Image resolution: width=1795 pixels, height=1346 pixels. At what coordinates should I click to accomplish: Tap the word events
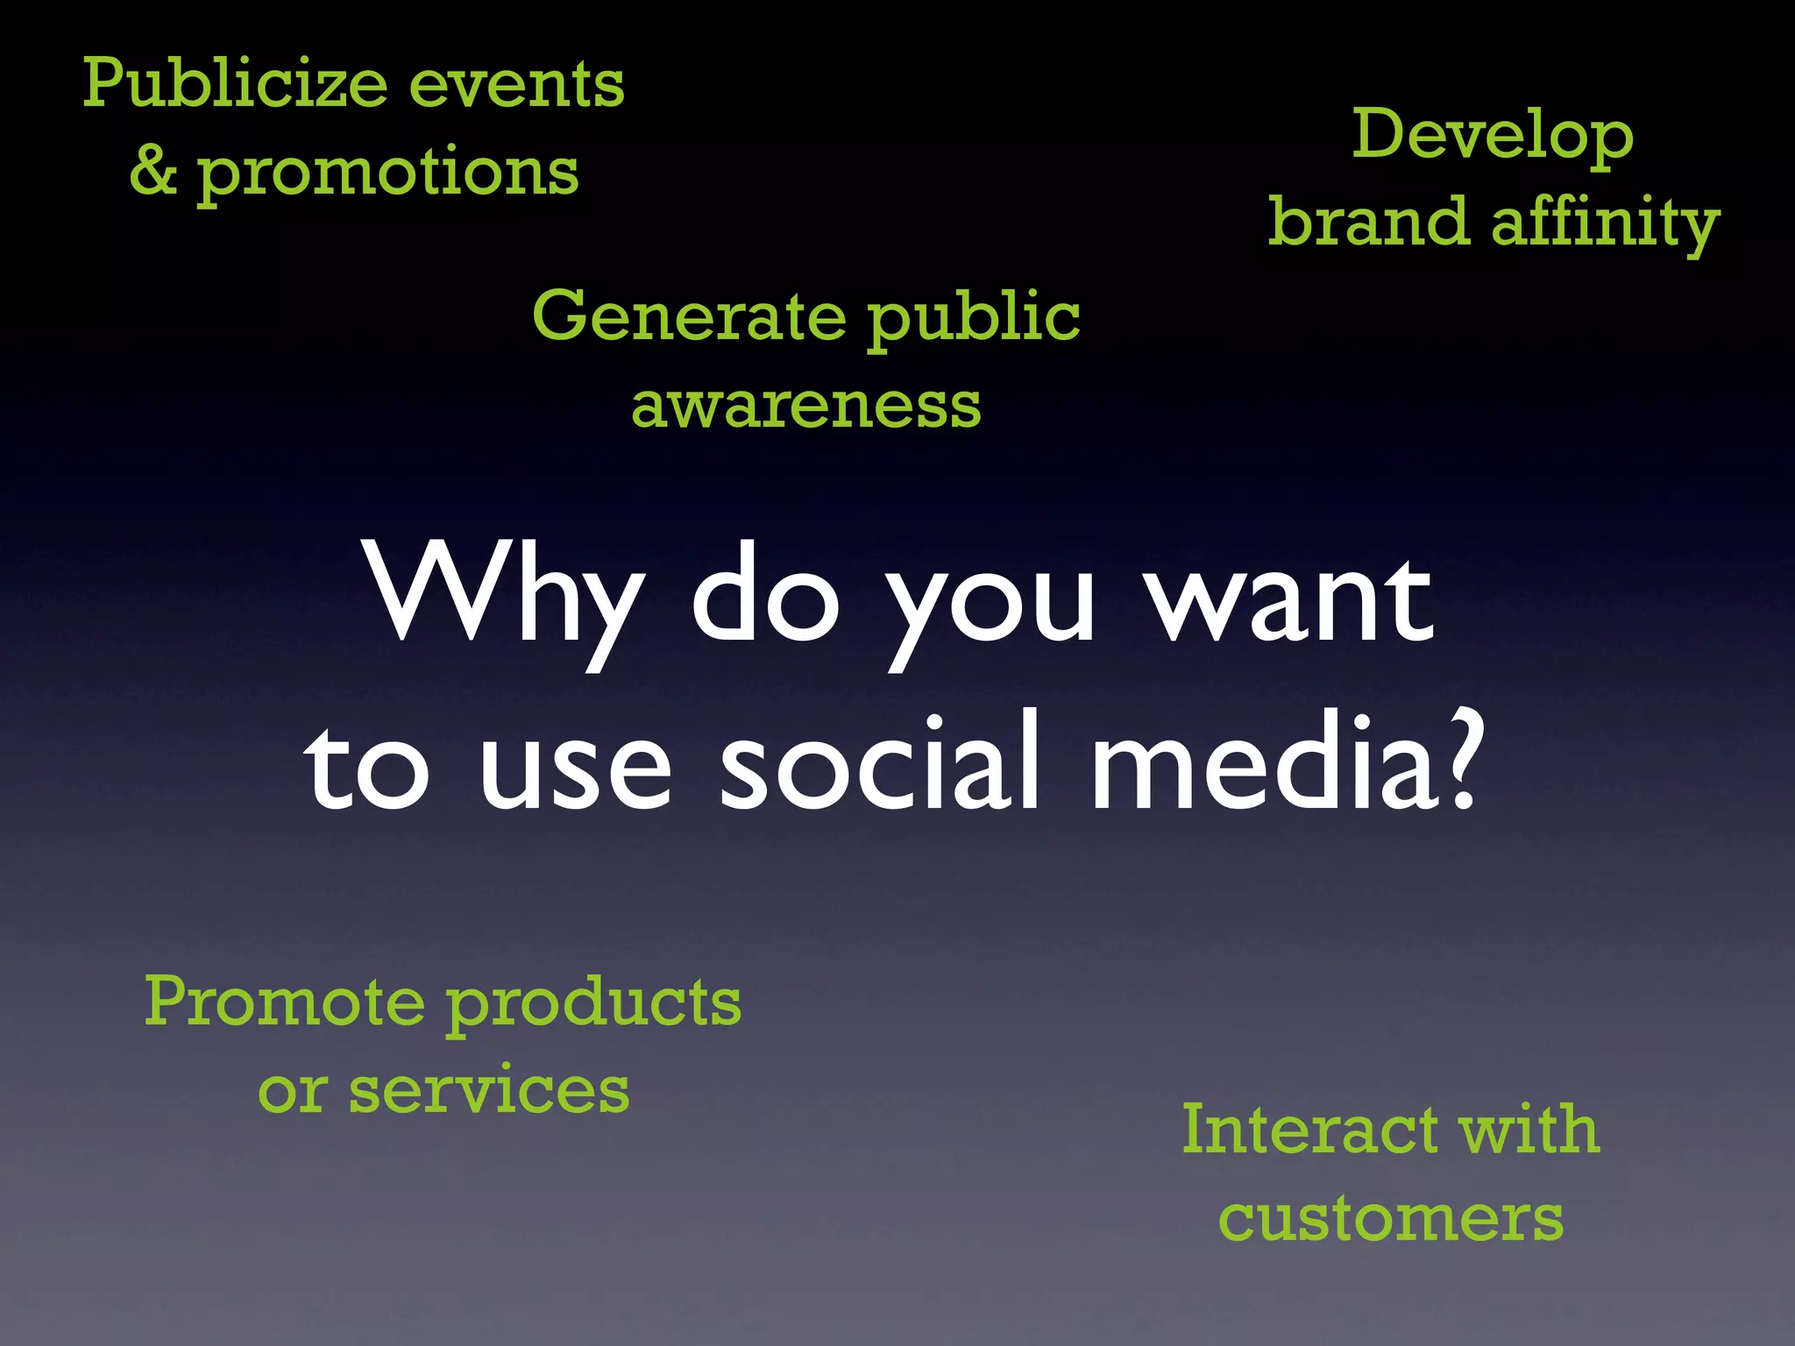[x=517, y=85]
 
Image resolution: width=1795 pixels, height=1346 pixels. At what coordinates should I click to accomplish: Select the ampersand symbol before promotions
[x=153, y=170]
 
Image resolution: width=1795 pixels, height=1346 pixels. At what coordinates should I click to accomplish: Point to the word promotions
[x=387, y=173]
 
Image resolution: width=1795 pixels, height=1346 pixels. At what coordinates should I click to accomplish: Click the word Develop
[x=1493, y=137]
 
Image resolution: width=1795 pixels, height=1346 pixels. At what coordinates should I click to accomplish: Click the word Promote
[x=285, y=1001]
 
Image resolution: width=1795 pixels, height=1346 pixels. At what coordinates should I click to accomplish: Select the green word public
[x=974, y=317]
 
